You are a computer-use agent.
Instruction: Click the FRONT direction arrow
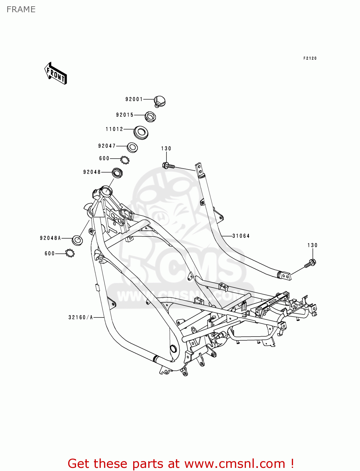55,73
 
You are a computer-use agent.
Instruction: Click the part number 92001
134,99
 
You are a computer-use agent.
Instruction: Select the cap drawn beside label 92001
160,101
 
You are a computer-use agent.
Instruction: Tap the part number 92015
125,115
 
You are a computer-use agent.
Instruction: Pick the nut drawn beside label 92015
150,117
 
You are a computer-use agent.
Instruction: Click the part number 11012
114,129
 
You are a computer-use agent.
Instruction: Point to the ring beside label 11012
141,133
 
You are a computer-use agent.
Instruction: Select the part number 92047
107,146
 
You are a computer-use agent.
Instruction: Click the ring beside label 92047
132,147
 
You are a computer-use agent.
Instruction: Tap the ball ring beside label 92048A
70,253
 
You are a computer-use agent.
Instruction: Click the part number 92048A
51,238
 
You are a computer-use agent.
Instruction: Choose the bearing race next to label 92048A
77,240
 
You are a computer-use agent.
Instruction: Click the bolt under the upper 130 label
168,166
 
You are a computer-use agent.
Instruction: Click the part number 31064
241,236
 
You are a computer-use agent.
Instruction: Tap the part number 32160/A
80,317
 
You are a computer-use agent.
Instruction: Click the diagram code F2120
310,58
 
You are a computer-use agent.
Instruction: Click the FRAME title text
21,9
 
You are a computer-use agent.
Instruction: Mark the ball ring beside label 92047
125,160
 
